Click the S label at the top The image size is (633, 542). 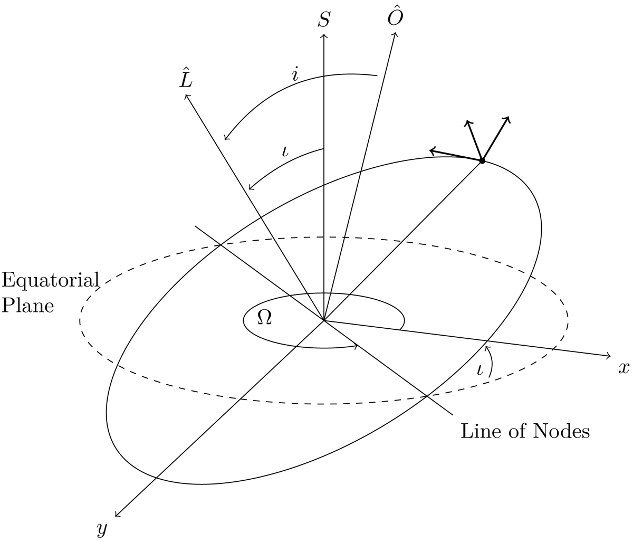coord(324,20)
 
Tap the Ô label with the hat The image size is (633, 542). coord(395,17)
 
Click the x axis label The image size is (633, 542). coord(624,368)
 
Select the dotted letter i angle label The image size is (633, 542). coord(295,73)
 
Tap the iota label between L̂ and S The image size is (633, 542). coord(285,151)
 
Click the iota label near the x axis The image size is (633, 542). coord(480,370)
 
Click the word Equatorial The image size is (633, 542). coord(51,280)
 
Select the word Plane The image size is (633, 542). coord(28,306)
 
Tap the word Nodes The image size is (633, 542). coord(561,432)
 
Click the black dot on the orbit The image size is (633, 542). coord(482,160)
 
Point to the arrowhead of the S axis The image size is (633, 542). coord(324,36)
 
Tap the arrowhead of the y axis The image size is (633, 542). coord(117,515)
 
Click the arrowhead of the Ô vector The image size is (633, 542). coord(395,35)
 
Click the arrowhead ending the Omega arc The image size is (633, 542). coord(356,347)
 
